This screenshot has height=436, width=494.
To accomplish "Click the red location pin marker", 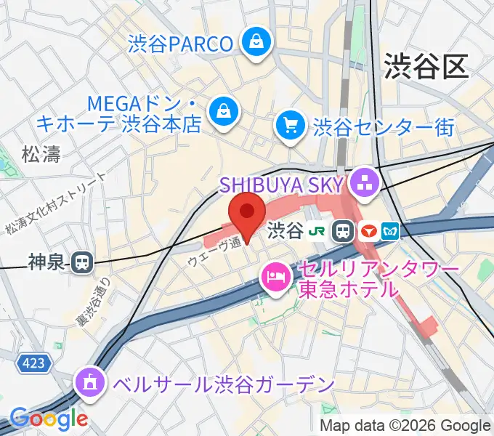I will pyautogui.click(x=246, y=214).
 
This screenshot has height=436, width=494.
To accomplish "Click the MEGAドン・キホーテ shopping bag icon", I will pyautogui.click(x=223, y=110).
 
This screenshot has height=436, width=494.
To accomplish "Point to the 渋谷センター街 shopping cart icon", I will pyautogui.click(x=291, y=126).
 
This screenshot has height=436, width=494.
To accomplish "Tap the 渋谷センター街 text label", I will pyautogui.click(x=384, y=128).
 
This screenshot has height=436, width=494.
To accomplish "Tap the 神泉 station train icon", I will pyautogui.click(x=83, y=262).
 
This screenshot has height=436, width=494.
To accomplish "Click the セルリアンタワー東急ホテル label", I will pyautogui.click(x=378, y=279).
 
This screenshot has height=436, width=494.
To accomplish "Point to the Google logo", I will pyautogui.click(x=49, y=419).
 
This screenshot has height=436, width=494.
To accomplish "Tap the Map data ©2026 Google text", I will pyautogui.click(x=405, y=426).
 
